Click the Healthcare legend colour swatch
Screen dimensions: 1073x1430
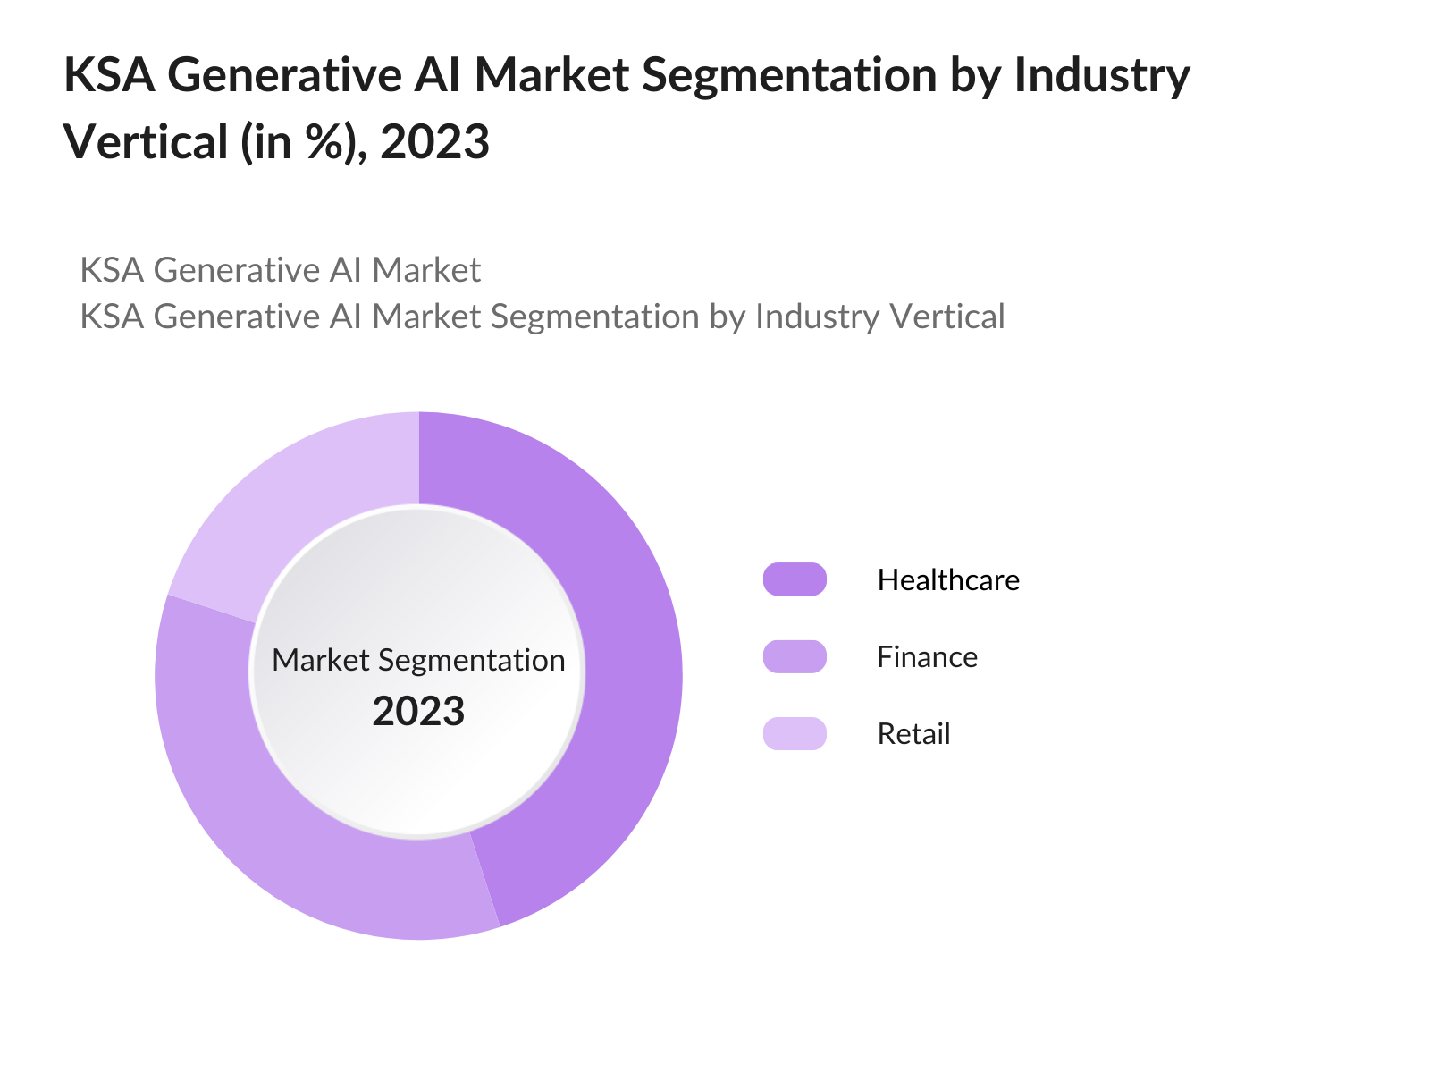click(x=795, y=579)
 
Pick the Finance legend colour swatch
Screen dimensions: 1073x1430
click(x=795, y=656)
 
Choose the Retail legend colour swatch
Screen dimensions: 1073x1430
click(x=795, y=733)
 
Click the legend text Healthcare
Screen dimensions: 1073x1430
click(x=948, y=580)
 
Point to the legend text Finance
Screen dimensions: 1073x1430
click(x=927, y=657)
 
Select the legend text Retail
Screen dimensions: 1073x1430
click(x=913, y=734)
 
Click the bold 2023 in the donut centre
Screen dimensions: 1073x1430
click(x=418, y=712)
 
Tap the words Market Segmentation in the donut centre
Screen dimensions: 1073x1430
click(x=418, y=660)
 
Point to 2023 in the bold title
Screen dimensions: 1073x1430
click(x=434, y=142)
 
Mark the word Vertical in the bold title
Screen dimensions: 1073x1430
click(x=147, y=142)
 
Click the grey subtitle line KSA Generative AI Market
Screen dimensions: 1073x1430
click(x=281, y=270)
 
